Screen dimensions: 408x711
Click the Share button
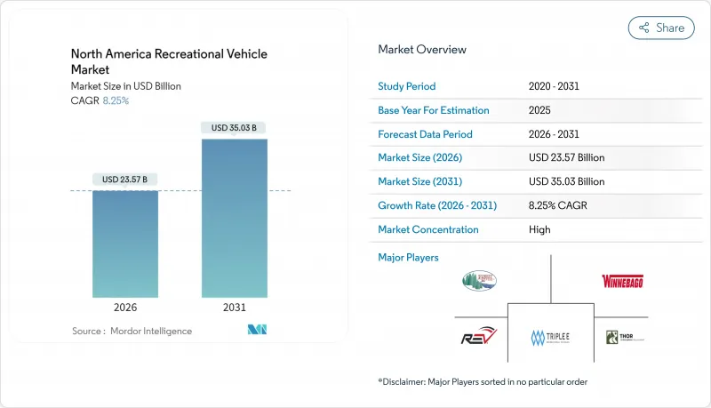pos(660,28)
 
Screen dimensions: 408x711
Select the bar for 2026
pos(125,244)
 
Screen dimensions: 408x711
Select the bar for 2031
pos(234,218)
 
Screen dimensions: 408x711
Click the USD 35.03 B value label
pos(234,128)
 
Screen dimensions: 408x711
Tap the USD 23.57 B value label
pos(125,180)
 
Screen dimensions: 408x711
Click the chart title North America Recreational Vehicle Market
pos(169,61)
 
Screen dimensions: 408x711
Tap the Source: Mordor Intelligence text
pos(132,331)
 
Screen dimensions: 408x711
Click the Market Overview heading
pos(422,50)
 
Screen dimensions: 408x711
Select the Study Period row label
pos(407,86)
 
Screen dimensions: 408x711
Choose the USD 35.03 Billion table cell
pos(566,181)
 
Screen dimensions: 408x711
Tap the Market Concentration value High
pos(539,229)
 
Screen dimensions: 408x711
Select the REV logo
pos(480,337)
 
